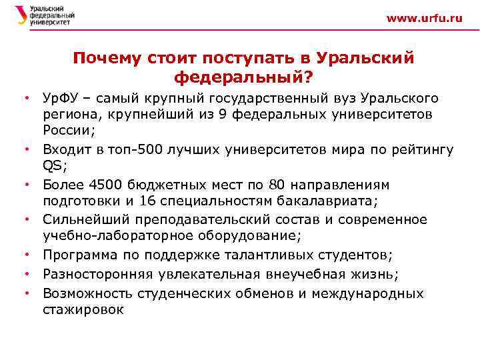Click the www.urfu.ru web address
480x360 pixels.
[x=424, y=19]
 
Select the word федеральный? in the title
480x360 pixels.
[x=243, y=78]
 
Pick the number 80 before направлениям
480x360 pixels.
[x=281, y=185]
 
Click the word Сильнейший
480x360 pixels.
[x=86, y=219]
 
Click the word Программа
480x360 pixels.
[x=81, y=255]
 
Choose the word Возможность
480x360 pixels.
[x=86, y=293]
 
